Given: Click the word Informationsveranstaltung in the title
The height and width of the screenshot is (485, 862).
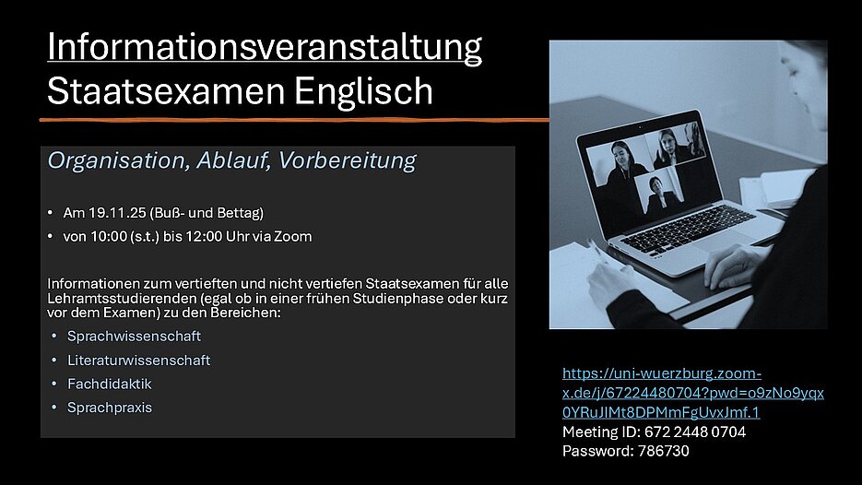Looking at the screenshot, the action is tap(265, 48).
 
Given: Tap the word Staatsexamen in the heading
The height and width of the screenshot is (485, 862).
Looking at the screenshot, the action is tap(166, 90).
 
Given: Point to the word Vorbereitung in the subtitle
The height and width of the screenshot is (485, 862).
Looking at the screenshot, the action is tap(347, 160).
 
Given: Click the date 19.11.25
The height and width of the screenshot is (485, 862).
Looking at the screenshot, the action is tap(117, 213).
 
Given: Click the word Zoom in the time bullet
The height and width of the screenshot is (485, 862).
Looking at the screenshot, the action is tap(292, 236).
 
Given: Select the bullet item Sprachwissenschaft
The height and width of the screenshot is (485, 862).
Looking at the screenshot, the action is tap(134, 336).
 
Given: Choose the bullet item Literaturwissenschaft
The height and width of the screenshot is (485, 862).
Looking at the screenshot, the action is tap(138, 361).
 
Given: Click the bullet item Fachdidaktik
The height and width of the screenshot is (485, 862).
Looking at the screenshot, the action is tap(110, 384).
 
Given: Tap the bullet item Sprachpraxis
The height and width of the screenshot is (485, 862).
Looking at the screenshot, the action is tap(110, 408).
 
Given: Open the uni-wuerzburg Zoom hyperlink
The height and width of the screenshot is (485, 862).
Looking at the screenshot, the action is tap(692, 393).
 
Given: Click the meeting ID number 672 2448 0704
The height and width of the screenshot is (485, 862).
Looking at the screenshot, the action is tap(695, 432).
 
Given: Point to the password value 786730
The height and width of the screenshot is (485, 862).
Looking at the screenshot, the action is tap(664, 451).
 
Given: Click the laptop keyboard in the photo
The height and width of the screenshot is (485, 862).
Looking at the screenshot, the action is tap(690, 228).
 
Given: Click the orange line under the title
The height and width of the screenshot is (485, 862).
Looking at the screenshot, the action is tap(294, 119).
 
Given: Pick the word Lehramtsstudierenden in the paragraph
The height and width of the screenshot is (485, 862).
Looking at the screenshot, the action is tap(122, 299).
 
